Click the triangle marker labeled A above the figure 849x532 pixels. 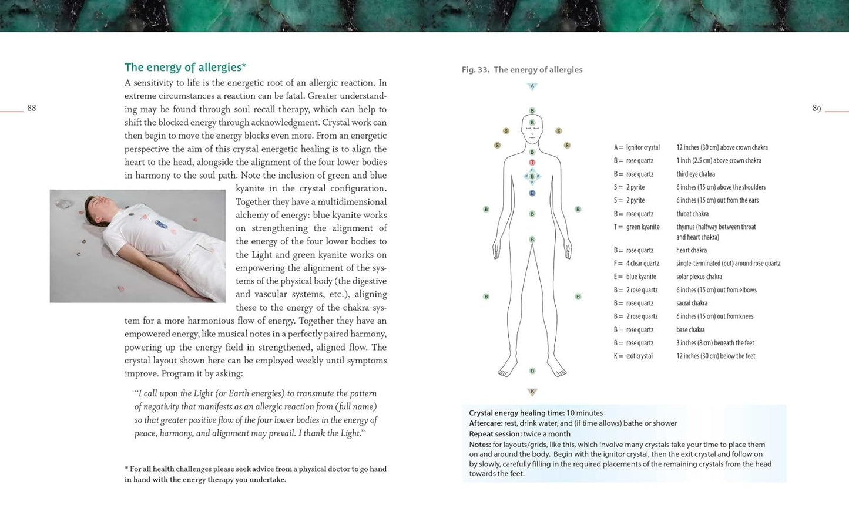tap(532, 86)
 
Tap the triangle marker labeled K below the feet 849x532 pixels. tap(532, 392)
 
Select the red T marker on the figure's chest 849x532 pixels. tap(532, 163)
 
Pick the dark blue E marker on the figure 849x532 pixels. tap(532, 193)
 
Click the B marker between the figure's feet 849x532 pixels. tap(532, 371)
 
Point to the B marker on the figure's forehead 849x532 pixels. tap(532, 123)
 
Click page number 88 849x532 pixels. tap(32, 108)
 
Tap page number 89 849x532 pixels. tap(817, 109)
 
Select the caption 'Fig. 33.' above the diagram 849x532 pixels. tap(475, 70)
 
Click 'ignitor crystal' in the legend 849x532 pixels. tap(643, 148)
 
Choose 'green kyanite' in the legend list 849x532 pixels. tap(643, 227)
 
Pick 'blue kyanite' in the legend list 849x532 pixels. tap(641, 277)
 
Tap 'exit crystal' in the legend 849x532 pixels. tap(639, 356)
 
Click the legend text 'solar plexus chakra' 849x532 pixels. tap(699, 277)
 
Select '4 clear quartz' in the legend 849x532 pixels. tap(643, 264)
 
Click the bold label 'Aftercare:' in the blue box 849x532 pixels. tap(486, 423)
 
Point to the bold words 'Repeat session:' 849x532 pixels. tap(495, 434)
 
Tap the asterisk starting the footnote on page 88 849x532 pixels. tap(126, 469)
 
